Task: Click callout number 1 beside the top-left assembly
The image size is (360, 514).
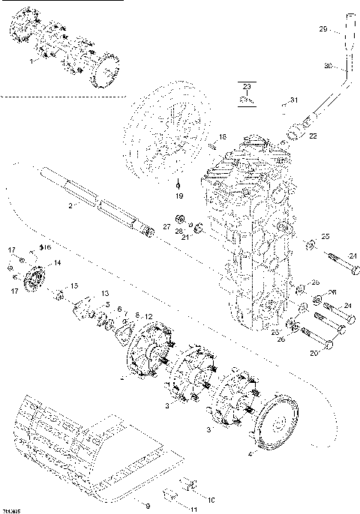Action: point(31,63)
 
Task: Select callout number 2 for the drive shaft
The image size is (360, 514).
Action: point(70,205)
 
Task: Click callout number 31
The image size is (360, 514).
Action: point(294,100)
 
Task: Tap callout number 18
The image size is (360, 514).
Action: point(222,136)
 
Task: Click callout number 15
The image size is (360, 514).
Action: point(73,285)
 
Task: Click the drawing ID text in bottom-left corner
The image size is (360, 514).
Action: point(10,510)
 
